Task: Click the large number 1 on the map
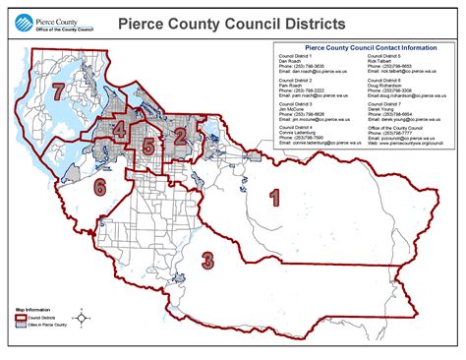click(x=275, y=198)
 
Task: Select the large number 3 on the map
click(x=207, y=260)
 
